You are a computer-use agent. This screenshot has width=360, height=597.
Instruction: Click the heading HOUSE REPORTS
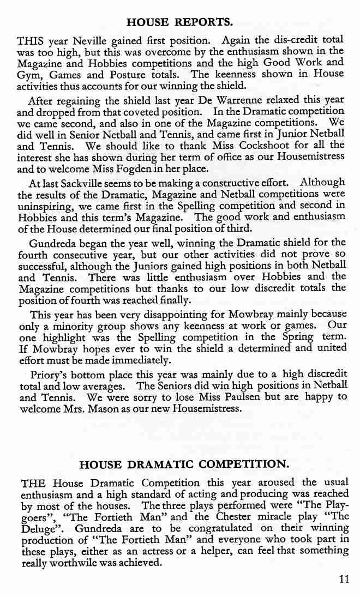point(179,22)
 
